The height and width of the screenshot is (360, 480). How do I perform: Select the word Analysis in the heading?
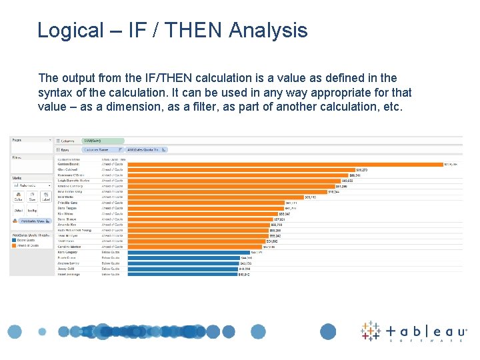coord(268,31)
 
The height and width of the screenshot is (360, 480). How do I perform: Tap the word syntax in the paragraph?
coord(57,93)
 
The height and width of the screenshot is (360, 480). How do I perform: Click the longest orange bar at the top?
coord(287,164)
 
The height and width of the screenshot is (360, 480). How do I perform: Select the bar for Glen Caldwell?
coord(240,170)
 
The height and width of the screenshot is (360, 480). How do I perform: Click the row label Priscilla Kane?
coord(69,203)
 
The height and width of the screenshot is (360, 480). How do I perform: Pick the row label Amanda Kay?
coord(67,225)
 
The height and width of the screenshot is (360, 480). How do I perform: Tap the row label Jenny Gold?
coord(66,269)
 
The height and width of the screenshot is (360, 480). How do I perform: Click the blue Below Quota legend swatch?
coord(13,240)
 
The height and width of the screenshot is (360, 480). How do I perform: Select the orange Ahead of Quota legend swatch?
coord(13,245)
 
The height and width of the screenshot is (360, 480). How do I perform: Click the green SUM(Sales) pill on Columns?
coord(93,141)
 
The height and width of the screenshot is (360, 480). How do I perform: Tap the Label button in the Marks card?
coord(46,197)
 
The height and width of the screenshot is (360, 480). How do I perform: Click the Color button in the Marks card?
coord(18,197)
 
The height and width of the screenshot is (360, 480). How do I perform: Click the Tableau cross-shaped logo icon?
coord(371,331)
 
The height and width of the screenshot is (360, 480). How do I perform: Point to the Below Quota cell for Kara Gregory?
coord(111,252)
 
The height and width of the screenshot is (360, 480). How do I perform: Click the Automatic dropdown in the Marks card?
coord(31,185)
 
